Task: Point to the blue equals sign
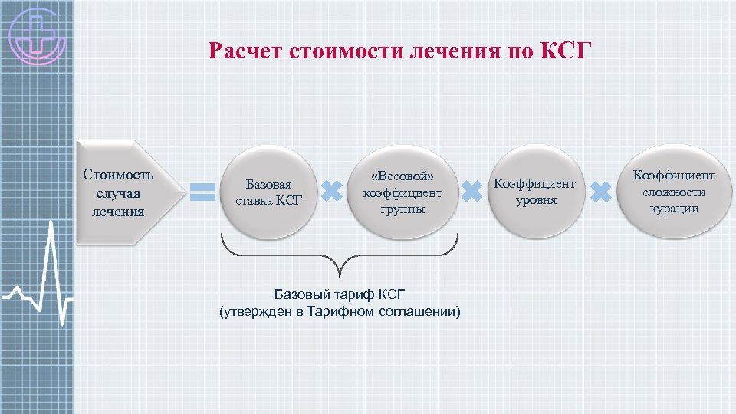click(202, 192)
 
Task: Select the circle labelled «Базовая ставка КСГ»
click(268, 192)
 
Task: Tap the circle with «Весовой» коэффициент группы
click(402, 192)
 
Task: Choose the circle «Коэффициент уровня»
click(535, 192)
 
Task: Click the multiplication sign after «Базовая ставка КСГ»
click(331, 192)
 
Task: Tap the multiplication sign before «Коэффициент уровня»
click(472, 192)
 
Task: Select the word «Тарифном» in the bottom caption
click(349, 311)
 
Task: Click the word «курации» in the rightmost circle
click(674, 209)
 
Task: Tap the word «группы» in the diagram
click(402, 209)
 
